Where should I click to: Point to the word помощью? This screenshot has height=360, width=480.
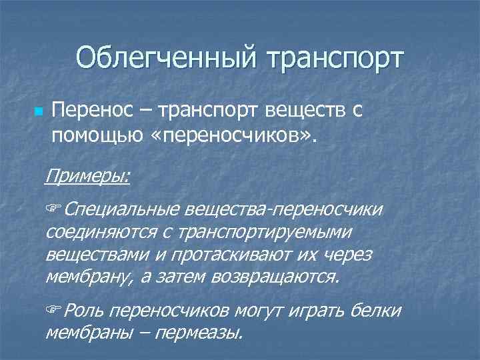tap(94, 137)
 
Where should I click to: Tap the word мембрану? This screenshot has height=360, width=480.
tap(90, 277)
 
